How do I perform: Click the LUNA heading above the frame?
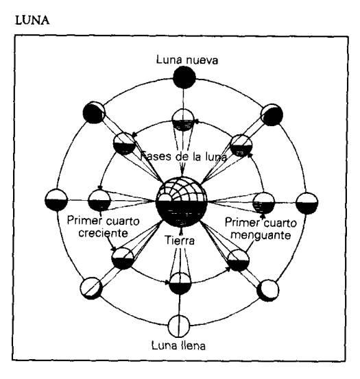click(32, 21)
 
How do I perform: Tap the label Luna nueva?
click(187, 60)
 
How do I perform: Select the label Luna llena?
click(178, 345)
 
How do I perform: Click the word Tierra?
click(180, 241)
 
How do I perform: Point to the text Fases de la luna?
click(184, 156)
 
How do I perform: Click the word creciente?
click(104, 233)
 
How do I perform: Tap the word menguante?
click(261, 234)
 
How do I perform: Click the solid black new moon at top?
click(184, 78)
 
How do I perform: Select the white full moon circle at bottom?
click(179, 326)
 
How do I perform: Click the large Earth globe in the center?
click(182, 201)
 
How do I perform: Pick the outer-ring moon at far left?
click(56, 200)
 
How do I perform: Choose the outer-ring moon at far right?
click(307, 203)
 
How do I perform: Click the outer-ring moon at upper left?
click(94, 112)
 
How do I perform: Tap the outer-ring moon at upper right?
click(272, 115)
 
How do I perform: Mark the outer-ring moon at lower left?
click(91, 288)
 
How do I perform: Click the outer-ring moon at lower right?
click(267, 291)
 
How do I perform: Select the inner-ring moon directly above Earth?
click(183, 120)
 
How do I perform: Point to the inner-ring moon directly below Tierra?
click(180, 284)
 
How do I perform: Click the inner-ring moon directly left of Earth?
click(99, 201)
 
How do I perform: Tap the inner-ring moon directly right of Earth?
click(263, 204)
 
